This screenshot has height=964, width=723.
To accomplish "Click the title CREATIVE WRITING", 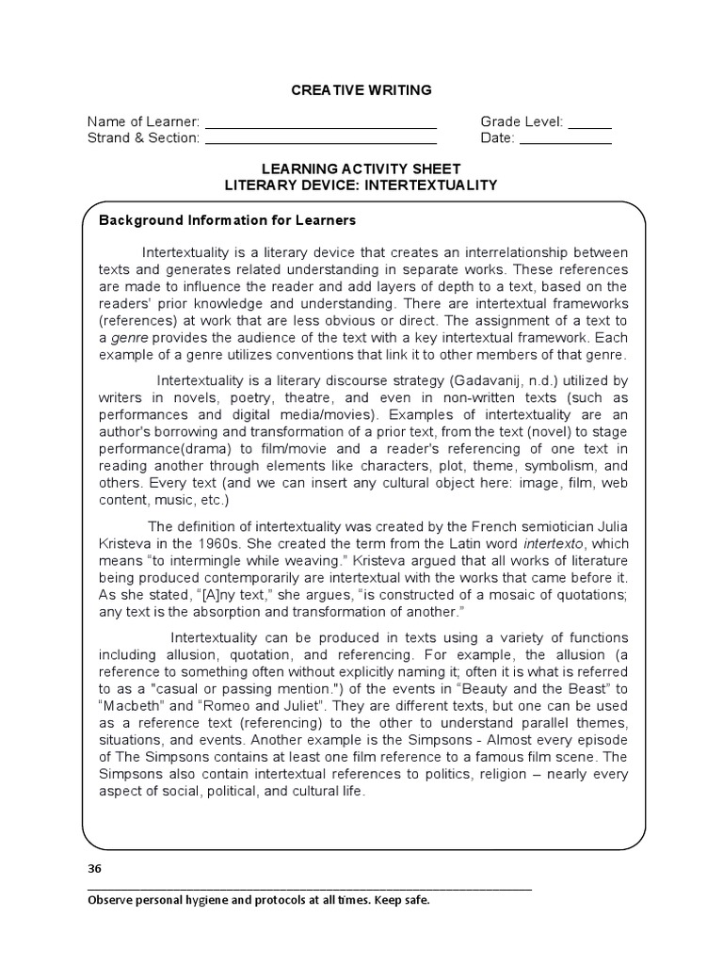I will point(361,90).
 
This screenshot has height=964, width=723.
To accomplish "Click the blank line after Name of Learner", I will point(321,123).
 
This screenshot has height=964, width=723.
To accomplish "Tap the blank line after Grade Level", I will point(590,123).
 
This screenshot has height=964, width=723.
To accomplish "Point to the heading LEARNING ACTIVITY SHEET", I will point(361,169).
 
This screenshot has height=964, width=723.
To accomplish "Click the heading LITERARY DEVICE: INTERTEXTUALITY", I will point(361,185).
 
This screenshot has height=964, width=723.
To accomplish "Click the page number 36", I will point(94,868).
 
